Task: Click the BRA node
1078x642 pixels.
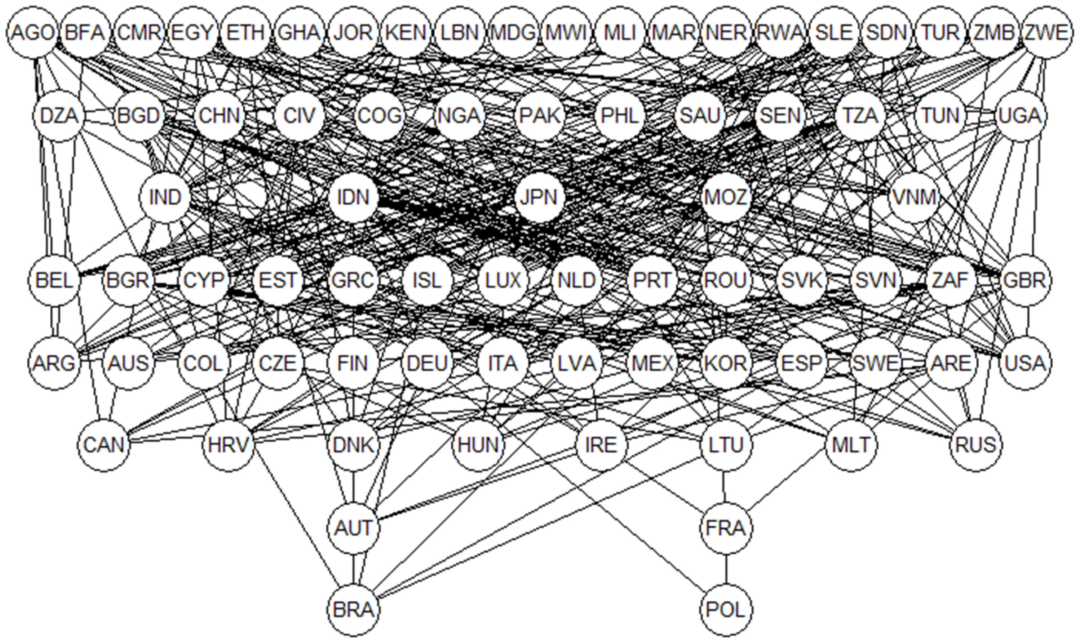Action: [354, 610]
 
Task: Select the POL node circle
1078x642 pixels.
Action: [726, 610]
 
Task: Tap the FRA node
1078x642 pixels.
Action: [726, 528]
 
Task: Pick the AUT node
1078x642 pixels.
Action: [354, 528]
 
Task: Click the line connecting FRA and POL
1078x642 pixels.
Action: [726, 569]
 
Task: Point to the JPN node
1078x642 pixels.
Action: [540, 198]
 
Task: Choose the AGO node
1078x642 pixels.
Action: [33, 33]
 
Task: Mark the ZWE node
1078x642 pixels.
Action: [1046, 33]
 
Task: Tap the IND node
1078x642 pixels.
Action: [165, 198]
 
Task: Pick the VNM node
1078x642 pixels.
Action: [914, 198]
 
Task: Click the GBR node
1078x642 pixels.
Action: [1025, 280]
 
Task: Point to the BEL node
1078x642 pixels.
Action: [54, 280]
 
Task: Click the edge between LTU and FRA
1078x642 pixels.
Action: [725, 487]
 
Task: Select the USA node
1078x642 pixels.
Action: [1025, 363]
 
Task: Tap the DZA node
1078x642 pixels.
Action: [59, 116]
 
